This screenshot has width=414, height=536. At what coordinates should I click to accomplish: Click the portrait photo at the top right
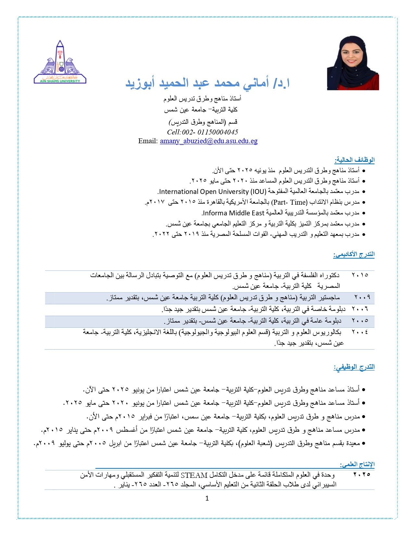point(353,63)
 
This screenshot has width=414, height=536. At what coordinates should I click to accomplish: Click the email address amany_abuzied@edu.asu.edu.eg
point(208,141)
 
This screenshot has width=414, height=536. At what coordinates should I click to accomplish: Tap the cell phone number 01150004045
point(218,132)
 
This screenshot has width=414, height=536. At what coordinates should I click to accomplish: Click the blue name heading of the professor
point(207,83)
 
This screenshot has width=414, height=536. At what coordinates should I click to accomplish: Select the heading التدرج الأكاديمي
point(354,254)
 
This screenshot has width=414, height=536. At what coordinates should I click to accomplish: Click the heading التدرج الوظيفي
point(354,367)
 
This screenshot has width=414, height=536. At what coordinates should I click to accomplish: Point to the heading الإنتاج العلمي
point(357,464)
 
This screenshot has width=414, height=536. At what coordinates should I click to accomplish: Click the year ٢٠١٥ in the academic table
point(360,275)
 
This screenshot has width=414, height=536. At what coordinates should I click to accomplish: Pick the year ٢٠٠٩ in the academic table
point(362,297)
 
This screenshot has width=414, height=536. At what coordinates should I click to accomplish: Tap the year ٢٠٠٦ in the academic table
point(360,309)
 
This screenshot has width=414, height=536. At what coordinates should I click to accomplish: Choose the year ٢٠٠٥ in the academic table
point(360,321)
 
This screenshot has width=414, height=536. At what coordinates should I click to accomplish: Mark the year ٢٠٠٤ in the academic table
point(360,332)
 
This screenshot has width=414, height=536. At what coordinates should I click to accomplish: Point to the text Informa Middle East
point(233,213)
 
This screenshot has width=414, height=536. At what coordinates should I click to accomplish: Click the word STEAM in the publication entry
point(194,475)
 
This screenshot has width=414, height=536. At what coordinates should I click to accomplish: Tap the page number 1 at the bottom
point(207,499)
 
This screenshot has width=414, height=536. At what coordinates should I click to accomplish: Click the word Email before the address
point(148,141)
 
